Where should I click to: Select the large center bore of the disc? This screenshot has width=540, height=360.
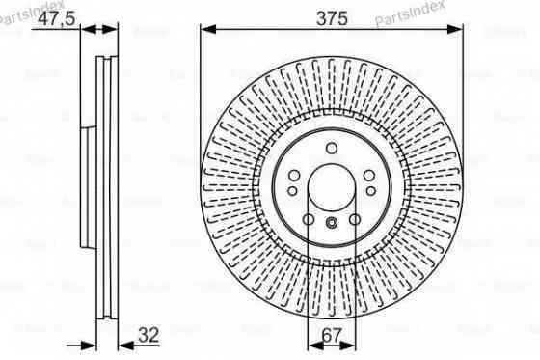pos(331,183)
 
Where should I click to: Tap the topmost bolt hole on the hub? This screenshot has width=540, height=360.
pos(331,148)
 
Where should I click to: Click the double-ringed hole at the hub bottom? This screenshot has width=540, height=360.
pos(331,224)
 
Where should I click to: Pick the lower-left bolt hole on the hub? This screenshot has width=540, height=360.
pos(309,218)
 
